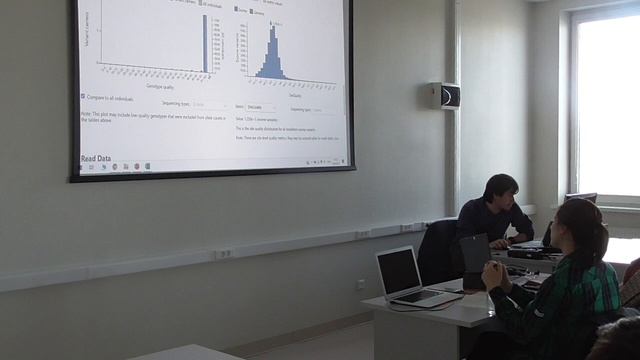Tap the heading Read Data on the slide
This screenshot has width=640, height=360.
pyautogui.click(x=95, y=158)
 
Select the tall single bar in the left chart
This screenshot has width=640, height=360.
pyautogui.click(x=205, y=43)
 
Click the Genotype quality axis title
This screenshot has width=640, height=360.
pyautogui.click(x=161, y=87)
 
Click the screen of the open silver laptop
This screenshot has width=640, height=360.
pyautogui.click(x=399, y=271)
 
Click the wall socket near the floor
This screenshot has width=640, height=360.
pyautogui.click(x=361, y=284)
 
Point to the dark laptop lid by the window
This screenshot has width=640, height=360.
pyautogui.click(x=580, y=198)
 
